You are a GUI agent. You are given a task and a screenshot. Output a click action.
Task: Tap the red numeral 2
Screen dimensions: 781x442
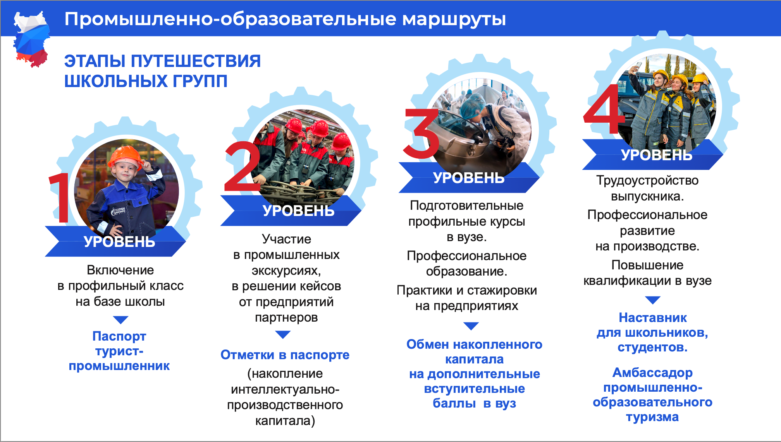point(243,166)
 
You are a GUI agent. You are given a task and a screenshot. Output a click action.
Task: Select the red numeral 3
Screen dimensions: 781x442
point(421,134)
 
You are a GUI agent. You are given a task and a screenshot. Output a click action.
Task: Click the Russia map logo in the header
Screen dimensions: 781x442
point(31,39)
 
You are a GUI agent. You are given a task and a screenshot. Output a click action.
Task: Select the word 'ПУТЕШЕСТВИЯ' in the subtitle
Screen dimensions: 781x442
point(196,61)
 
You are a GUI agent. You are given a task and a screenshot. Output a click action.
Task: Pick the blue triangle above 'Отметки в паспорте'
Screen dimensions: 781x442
point(283,334)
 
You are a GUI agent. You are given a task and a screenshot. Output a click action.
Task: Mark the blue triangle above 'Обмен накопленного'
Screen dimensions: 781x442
point(471,326)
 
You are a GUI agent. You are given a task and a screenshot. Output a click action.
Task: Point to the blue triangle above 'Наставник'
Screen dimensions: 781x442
point(653,300)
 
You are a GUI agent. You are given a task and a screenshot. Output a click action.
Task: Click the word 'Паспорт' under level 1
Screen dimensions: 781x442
point(119,336)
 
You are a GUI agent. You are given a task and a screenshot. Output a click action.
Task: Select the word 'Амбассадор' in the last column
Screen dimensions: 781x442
point(653,373)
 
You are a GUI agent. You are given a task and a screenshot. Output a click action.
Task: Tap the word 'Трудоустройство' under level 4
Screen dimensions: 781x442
point(647,180)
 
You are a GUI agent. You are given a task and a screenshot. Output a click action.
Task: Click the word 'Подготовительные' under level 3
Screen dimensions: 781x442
point(467,206)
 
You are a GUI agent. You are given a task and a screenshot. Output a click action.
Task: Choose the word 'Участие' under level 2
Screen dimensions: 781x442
point(286,239)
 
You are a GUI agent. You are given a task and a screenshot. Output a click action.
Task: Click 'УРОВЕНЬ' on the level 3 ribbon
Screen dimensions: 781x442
point(469,178)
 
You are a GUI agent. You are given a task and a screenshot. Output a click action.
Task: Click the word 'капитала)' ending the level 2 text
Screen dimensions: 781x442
point(285,421)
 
